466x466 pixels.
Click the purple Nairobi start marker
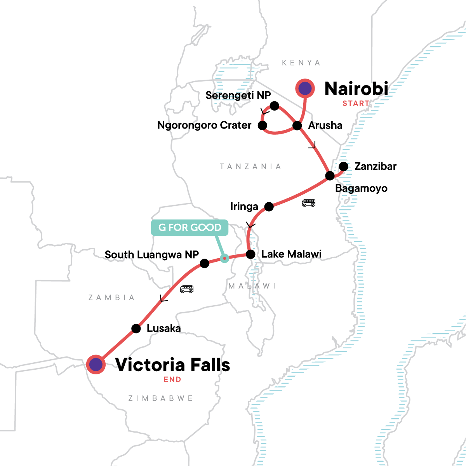(306, 89)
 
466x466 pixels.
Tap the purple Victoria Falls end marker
(96, 365)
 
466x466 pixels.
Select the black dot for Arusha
(297, 125)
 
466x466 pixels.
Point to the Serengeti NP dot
(275, 106)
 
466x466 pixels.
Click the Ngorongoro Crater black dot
(263, 125)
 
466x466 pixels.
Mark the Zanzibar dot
(344, 167)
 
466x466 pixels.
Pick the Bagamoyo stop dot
(330, 176)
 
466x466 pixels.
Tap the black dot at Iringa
(269, 207)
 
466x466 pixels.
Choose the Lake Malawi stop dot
(251, 254)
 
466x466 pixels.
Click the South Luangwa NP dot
(205, 264)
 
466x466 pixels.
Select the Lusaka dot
(136, 329)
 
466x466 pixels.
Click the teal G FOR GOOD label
(190, 228)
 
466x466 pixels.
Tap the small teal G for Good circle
(224, 258)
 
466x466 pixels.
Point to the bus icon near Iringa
(309, 203)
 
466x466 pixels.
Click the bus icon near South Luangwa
(187, 289)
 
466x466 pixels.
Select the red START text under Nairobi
(356, 103)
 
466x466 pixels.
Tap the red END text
(172, 379)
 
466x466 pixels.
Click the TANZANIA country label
(250, 167)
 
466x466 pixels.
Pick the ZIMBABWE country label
(160, 398)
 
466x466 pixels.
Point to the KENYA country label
(301, 63)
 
